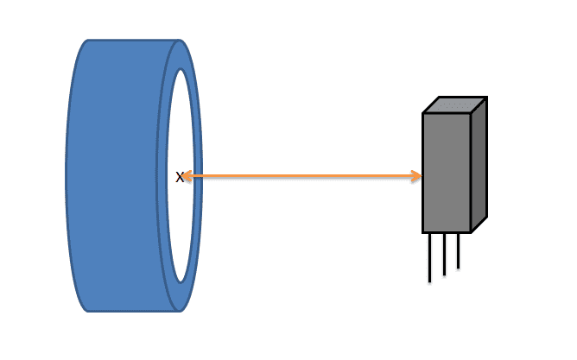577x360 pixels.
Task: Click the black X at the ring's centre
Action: pyautogui.click(x=179, y=177)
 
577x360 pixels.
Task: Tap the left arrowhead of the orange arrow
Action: pyautogui.click(x=187, y=176)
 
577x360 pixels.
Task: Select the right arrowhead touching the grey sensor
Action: pyautogui.click(x=416, y=176)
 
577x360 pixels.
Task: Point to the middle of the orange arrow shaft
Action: pyautogui.click(x=302, y=176)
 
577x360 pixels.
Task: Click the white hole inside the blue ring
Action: pyautogui.click(x=181, y=176)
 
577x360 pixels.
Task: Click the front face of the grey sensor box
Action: pyautogui.click(x=447, y=173)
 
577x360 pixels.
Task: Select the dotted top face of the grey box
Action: pyautogui.click(x=455, y=105)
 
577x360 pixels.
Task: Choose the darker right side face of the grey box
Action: pyautogui.click(x=479, y=165)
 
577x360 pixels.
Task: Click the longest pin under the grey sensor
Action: pyautogui.click(x=430, y=258)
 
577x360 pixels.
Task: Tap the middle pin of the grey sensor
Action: pyautogui.click(x=445, y=254)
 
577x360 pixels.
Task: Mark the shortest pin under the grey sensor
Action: pyautogui.click(x=458, y=250)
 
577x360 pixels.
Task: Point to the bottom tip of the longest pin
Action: pyautogui.click(x=430, y=282)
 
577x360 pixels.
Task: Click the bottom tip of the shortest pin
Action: pyautogui.click(x=458, y=268)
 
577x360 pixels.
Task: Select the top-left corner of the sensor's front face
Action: pyautogui.click(x=422, y=114)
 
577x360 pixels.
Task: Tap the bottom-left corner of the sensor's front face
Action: pyautogui.click(x=422, y=232)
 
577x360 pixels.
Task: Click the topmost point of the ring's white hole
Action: pyautogui.click(x=181, y=69)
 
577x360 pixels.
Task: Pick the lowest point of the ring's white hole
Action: pyautogui.click(x=181, y=283)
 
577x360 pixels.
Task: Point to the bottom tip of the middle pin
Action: pyautogui.click(x=445, y=275)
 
